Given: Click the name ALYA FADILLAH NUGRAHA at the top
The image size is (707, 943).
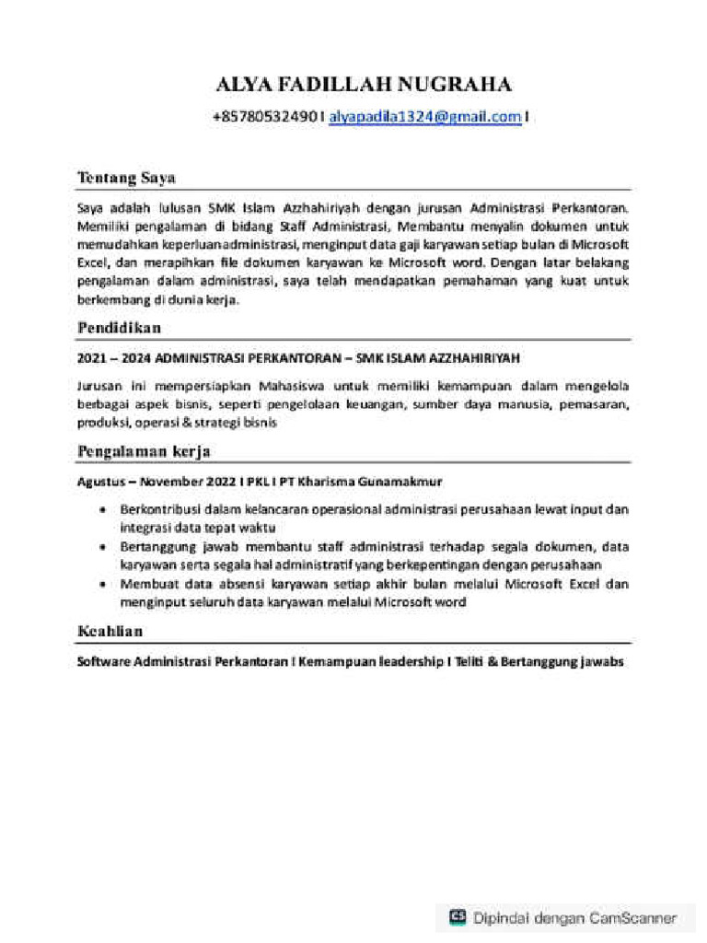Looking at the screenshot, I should pyautogui.click(x=362, y=87).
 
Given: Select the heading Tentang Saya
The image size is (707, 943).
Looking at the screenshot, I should pyautogui.click(x=126, y=177).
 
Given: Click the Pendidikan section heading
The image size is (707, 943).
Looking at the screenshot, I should pyautogui.click(x=120, y=328).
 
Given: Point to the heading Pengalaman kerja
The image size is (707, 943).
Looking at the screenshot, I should pyautogui.click(x=145, y=451).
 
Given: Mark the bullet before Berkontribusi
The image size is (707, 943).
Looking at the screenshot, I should pyautogui.click(x=101, y=509).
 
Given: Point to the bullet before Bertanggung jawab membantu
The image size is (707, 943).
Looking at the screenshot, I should pyautogui.click(x=101, y=547).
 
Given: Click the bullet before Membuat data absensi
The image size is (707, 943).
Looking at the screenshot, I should pyautogui.click(x=101, y=585).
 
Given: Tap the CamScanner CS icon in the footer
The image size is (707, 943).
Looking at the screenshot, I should pyautogui.click(x=458, y=917).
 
